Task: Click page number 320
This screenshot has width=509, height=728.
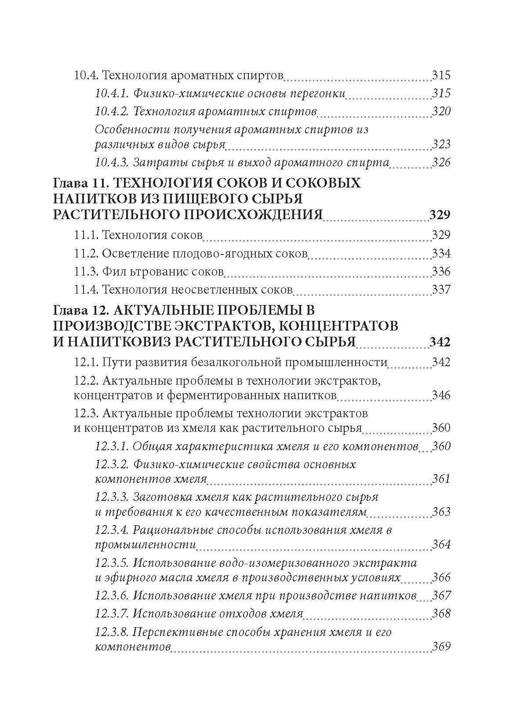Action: pos(441,111)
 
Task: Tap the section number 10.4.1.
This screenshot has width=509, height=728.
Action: pos(111,93)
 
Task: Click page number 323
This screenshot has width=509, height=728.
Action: pos(441,144)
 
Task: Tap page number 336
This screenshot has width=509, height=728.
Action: pos(441,272)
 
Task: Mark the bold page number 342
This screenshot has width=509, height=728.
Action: pos(439,342)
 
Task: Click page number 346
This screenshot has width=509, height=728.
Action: pos(441,395)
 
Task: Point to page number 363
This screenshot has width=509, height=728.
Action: pos(441,512)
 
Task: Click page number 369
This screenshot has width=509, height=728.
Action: pos(441,647)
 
